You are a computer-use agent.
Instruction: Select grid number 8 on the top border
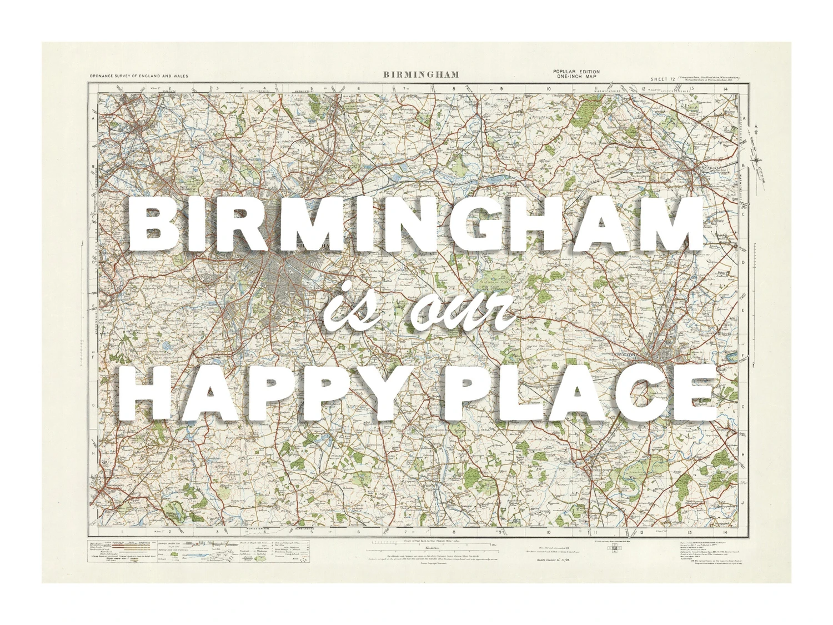(454, 88)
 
